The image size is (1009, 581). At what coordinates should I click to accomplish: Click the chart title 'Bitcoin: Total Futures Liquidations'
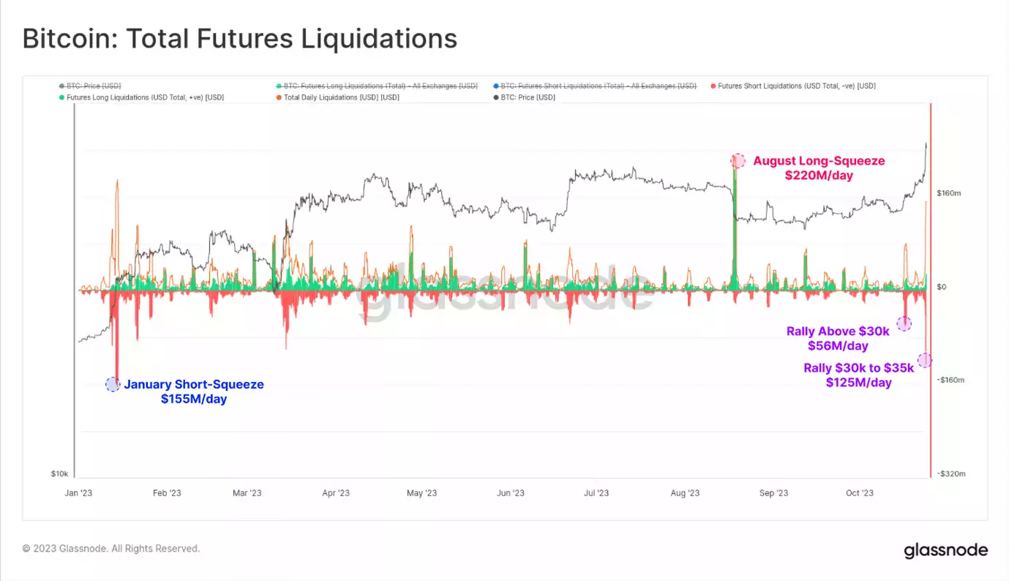239,39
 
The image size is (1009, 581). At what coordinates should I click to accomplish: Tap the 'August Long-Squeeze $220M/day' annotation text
819,168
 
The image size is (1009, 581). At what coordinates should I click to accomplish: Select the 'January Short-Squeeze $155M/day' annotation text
194,391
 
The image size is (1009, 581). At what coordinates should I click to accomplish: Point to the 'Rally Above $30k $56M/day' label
838,338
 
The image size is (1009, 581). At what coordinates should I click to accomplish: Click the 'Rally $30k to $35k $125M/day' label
859,375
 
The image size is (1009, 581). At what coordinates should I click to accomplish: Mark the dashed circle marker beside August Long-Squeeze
738,160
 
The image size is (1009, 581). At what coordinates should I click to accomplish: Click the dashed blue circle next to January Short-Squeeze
113,384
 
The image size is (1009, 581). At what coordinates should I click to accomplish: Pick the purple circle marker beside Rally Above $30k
904,323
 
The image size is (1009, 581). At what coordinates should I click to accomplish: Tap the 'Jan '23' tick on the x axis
78,493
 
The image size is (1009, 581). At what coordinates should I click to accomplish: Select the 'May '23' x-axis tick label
421,493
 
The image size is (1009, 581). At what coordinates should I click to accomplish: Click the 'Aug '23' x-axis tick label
684,493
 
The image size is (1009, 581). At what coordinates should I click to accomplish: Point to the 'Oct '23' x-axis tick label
859,493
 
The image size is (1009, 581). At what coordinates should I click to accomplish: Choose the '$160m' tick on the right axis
948,193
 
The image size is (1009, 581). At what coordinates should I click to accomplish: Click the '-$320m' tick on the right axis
950,473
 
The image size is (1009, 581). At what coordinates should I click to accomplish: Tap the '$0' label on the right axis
942,287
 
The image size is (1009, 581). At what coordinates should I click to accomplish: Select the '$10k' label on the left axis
59,473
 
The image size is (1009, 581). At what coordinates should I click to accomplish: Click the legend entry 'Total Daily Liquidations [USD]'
341,97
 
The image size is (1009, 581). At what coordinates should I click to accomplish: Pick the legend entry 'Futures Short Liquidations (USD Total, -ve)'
796,86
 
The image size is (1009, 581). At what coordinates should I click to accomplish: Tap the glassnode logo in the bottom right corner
945,550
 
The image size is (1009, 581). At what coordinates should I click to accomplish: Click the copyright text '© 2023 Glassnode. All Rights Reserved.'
110,548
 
